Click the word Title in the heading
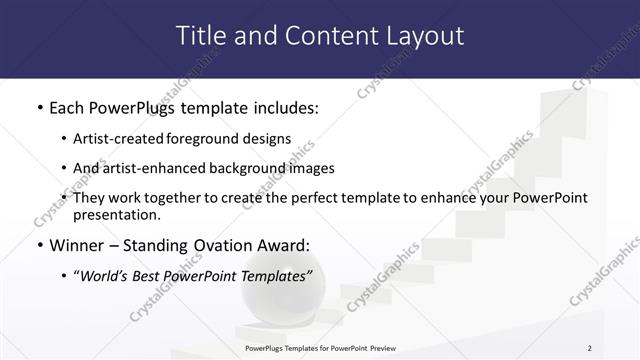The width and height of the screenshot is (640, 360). pyautogui.click(x=200, y=36)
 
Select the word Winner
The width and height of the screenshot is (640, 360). pyautogui.click(x=81, y=244)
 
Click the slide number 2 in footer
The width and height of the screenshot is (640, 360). pyautogui.click(x=589, y=348)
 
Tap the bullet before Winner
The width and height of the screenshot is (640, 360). pyautogui.click(x=39, y=244)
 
